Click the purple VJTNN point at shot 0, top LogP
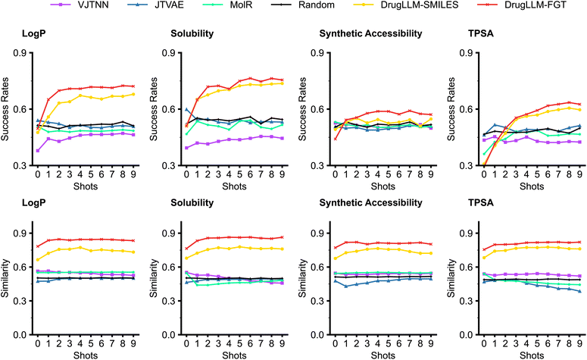click(38, 150)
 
